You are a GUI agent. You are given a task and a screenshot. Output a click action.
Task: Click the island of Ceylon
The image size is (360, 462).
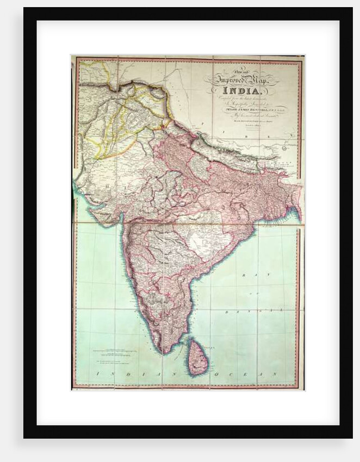coord(197,357)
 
